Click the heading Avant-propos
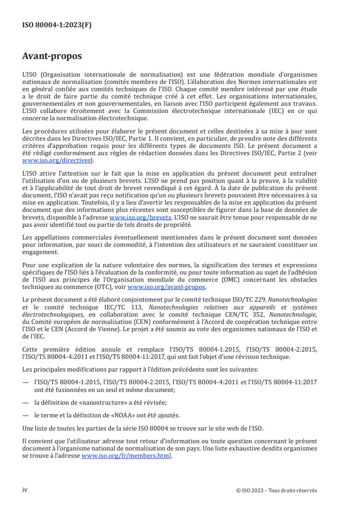point(52,57)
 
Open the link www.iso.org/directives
point(58,161)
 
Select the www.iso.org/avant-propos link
point(167,287)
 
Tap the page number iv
point(25,490)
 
